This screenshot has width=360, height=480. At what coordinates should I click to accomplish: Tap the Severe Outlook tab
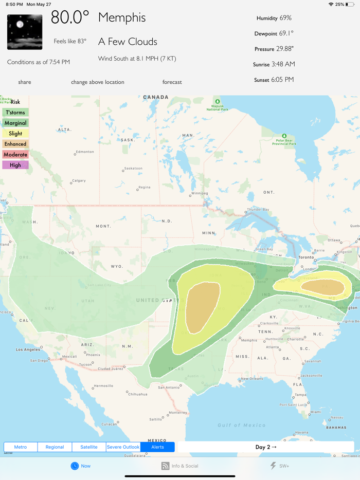[x=123, y=447]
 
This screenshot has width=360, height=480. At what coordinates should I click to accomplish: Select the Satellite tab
[x=89, y=447]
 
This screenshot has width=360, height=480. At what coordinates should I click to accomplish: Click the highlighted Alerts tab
[x=157, y=447]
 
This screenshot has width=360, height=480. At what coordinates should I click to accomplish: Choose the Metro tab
[x=21, y=447]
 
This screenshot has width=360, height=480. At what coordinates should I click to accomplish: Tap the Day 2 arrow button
[x=265, y=447]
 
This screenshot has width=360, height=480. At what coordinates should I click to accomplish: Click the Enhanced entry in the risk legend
[x=15, y=144]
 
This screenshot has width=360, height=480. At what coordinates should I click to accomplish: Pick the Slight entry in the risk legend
[x=15, y=134]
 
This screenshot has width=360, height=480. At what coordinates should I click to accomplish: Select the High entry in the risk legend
[x=15, y=165]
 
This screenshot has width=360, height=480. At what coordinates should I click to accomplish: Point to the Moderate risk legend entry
[x=15, y=155]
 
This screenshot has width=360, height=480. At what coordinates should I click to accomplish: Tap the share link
[x=25, y=82]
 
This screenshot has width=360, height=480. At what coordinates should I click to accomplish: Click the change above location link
[x=97, y=82]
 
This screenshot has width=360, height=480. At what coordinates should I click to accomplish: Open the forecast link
[x=172, y=82]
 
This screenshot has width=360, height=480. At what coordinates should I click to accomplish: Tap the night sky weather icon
[x=25, y=32]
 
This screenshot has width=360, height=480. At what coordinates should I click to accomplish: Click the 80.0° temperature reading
[x=70, y=18]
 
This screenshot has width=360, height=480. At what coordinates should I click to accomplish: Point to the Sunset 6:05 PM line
[x=274, y=80]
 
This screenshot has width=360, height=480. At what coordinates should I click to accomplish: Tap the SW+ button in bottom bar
[x=280, y=466]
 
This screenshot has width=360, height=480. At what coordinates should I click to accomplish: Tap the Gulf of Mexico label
[x=242, y=425]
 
